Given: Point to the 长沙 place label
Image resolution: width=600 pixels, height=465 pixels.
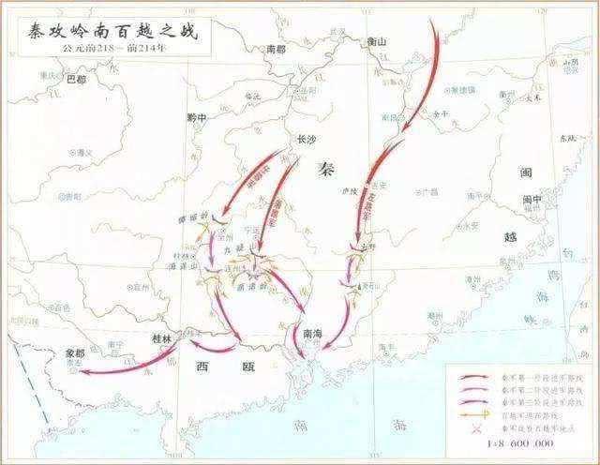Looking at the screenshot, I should (307, 139).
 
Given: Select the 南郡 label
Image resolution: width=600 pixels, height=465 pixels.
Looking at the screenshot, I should (275, 49).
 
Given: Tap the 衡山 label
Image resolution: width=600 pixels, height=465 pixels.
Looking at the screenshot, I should (377, 42).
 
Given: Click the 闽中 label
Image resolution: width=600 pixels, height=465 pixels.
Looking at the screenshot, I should (532, 200).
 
